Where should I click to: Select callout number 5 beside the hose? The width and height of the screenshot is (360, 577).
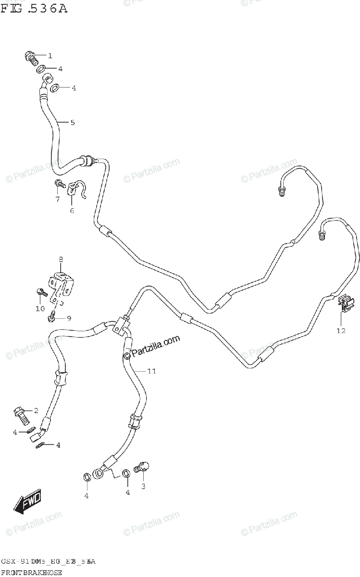[x=73, y=122]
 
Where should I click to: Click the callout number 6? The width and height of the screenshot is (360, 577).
[x=72, y=210]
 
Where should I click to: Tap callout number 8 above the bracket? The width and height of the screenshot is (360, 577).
[x=61, y=260]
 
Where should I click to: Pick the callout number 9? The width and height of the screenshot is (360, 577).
[x=68, y=318]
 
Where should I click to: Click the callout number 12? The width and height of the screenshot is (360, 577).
[x=341, y=331]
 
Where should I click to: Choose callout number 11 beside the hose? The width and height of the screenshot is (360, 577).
[x=152, y=371]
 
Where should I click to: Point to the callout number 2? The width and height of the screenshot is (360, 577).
[x=36, y=410]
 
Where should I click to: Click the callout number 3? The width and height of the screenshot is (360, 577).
[x=143, y=487]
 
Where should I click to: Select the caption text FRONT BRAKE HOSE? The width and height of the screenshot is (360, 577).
[x=32, y=572]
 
